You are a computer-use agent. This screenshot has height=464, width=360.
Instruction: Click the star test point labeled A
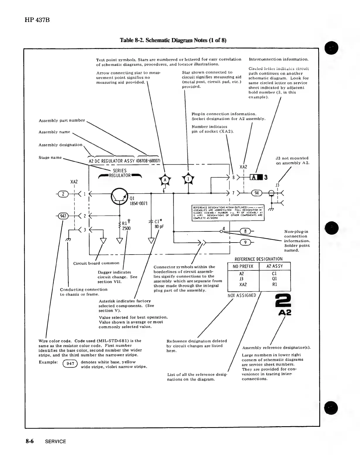[x=165, y=179]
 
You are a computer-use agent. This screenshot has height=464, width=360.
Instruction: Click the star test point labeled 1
[x=188, y=179]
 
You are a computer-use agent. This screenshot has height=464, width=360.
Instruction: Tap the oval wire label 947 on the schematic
[x=63, y=216]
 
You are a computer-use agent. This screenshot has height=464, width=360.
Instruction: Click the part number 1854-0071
[x=138, y=203]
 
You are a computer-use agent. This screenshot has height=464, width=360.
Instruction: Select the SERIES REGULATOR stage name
[x=120, y=173]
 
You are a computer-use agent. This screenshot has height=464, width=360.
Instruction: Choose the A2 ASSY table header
[x=275, y=266]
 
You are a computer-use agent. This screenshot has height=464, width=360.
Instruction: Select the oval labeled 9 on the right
[x=245, y=242]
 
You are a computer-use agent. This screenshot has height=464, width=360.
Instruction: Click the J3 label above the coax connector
[x=277, y=185]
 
